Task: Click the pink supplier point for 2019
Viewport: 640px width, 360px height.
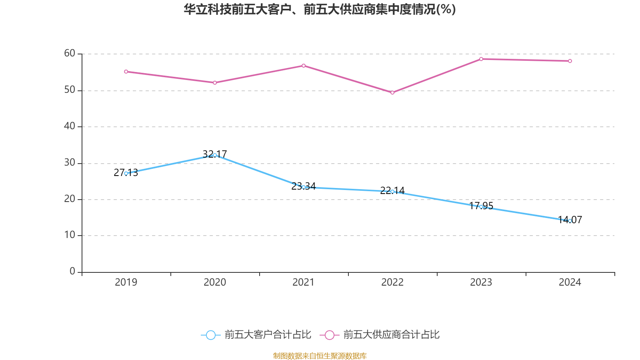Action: tap(126, 72)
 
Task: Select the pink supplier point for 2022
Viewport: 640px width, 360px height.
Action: tap(392, 93)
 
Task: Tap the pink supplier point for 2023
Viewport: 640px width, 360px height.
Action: tap(481, 59)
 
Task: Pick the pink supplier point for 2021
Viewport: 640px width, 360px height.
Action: tap(304, 66)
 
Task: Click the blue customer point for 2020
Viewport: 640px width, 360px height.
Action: tap(215, 155)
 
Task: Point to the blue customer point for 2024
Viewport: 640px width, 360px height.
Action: tap(570, 221)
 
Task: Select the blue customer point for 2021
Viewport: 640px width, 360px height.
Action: tap(304, 187)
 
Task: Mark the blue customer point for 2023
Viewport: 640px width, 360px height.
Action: tap(481, 207)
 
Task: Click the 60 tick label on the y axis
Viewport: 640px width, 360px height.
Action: tap(70, 53)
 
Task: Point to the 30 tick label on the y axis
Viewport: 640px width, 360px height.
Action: tap(70, 162)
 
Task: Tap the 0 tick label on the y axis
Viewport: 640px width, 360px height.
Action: tap(72, 271)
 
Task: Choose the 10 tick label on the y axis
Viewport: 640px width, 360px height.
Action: tap(70, 235)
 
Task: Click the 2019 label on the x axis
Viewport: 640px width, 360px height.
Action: tap(126, 282)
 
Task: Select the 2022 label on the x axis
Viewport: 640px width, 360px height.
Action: tap(392, 282)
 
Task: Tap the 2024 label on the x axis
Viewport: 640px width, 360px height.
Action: tap(570, 282)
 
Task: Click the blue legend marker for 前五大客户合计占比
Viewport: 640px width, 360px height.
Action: tap(210, 335)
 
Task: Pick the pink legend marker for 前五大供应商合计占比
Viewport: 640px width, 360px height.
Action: tap(330, 335)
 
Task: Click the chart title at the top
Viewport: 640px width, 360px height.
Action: tap(320, 9)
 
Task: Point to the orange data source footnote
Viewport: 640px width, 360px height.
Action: tap(320, 356)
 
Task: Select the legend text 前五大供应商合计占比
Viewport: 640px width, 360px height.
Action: tap(391, 335)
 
